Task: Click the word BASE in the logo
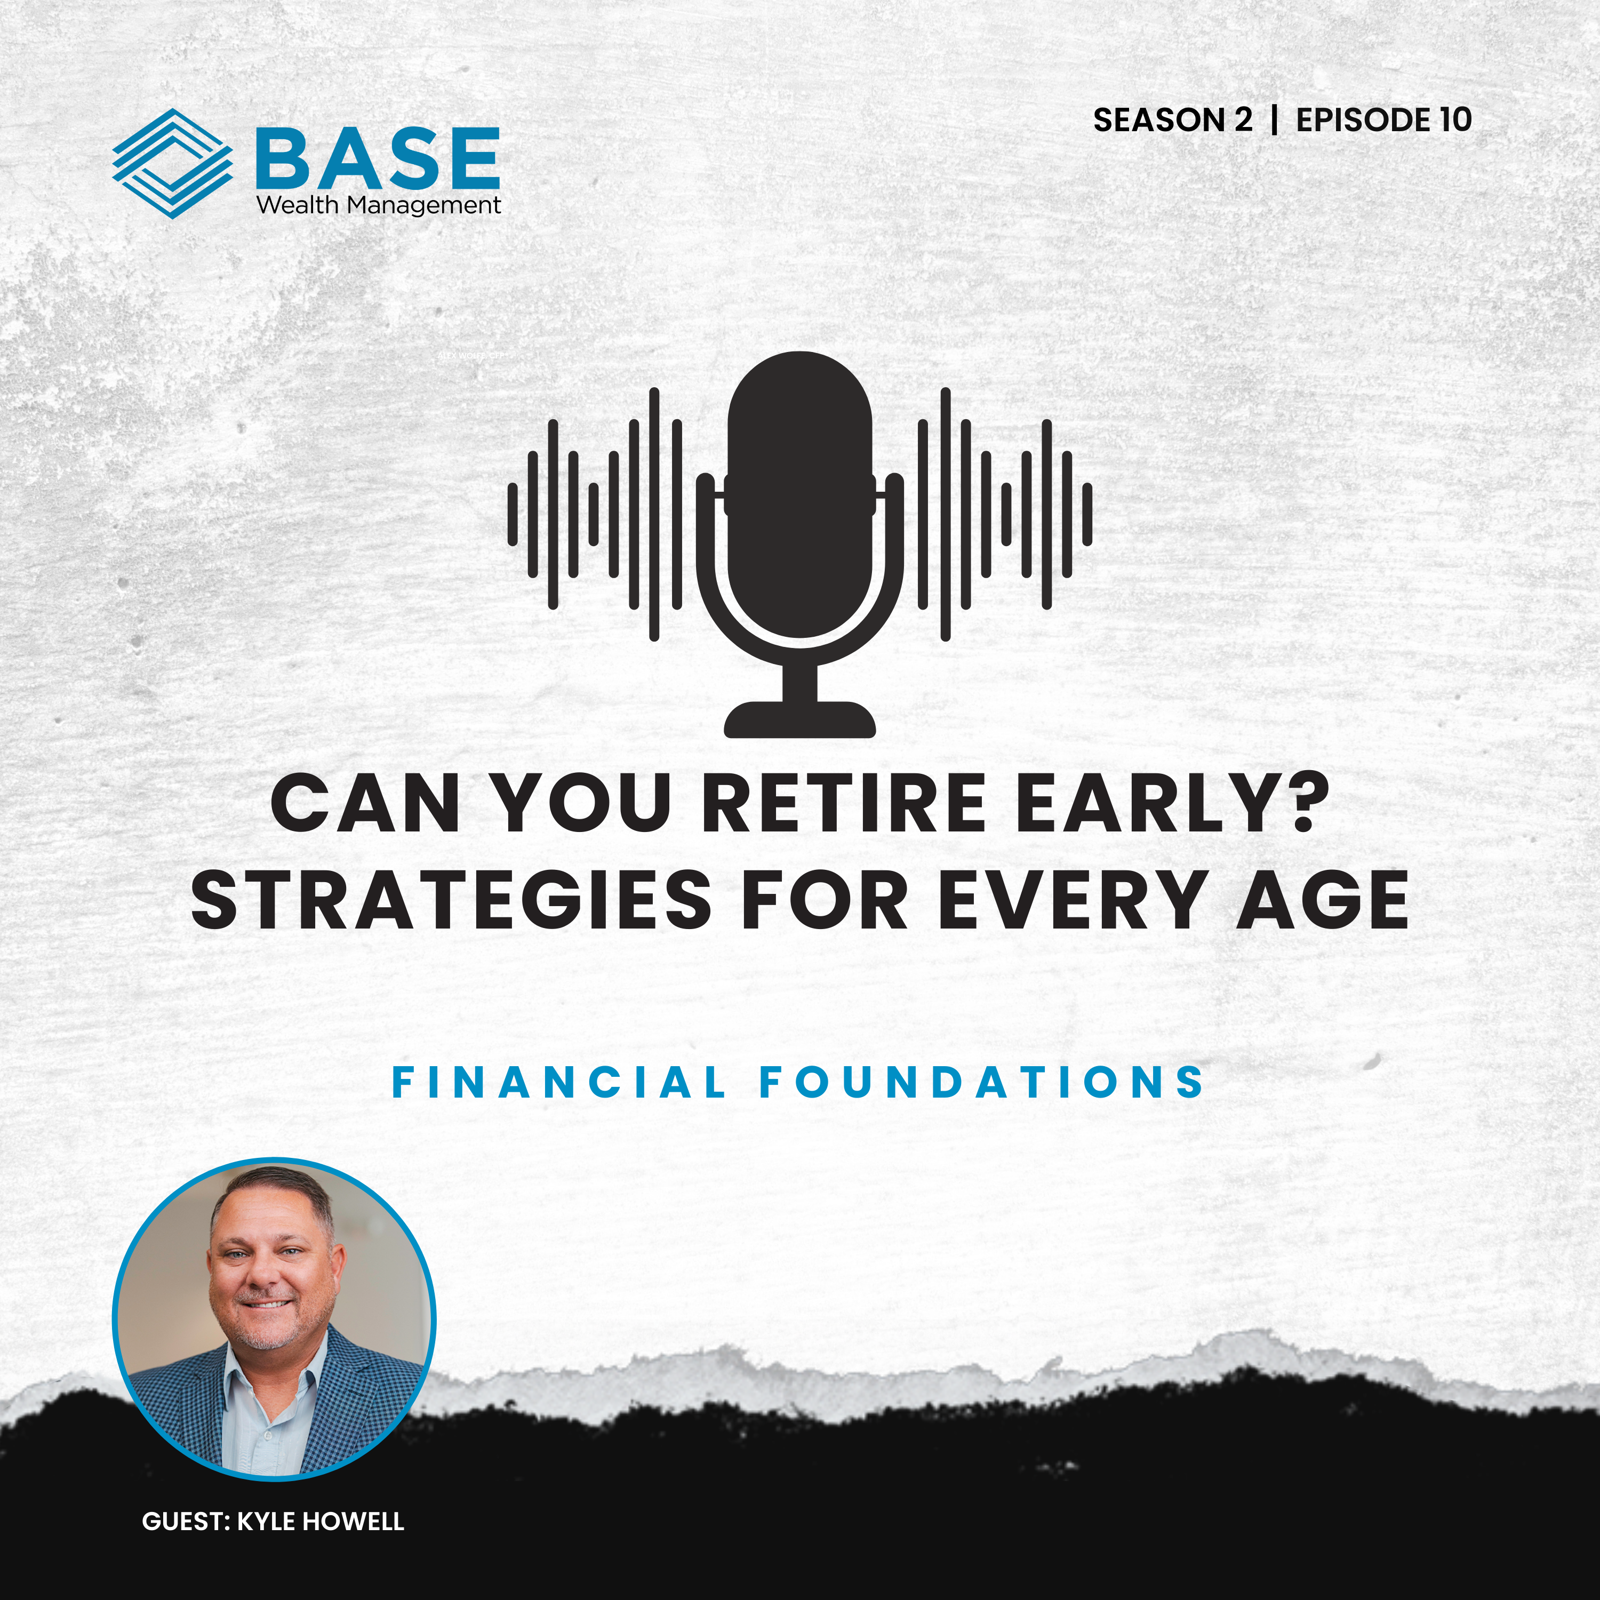tap(378, 157)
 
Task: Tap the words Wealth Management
tap(379, 205)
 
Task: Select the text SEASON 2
tap(1172, 120)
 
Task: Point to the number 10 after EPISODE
tap(1455, 120)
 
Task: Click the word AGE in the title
tap(1322, 900)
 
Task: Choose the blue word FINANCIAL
tap(559, 1083)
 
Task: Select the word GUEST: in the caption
tap(186, 1521)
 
